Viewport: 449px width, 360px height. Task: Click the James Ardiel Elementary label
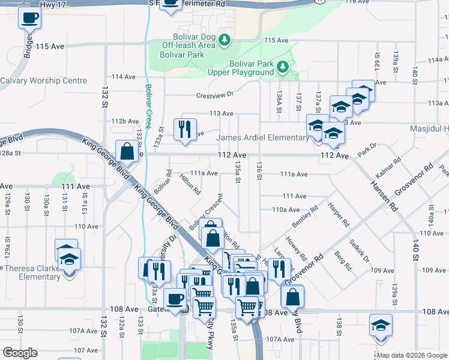tap(263, 138)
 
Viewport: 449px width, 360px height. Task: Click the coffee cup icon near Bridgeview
tap(28, 17)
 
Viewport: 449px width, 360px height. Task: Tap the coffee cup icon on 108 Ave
tap(175, 298)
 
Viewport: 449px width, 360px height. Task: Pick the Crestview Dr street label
tap(214, 95)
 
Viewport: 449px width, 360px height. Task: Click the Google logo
tap(20, 353)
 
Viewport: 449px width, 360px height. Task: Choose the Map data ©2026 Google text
tap(412, 355)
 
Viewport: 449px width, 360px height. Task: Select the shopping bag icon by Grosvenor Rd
tap(292, 297)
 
